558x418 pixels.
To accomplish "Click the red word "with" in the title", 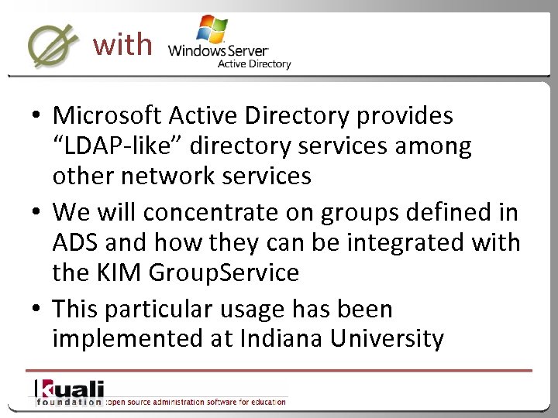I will [x=122, y=45].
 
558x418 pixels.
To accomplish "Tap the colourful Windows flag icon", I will [x=211, y=29].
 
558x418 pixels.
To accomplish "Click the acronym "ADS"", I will [x=76, y=243].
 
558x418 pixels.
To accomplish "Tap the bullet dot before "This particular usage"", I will [x=37, y=310].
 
